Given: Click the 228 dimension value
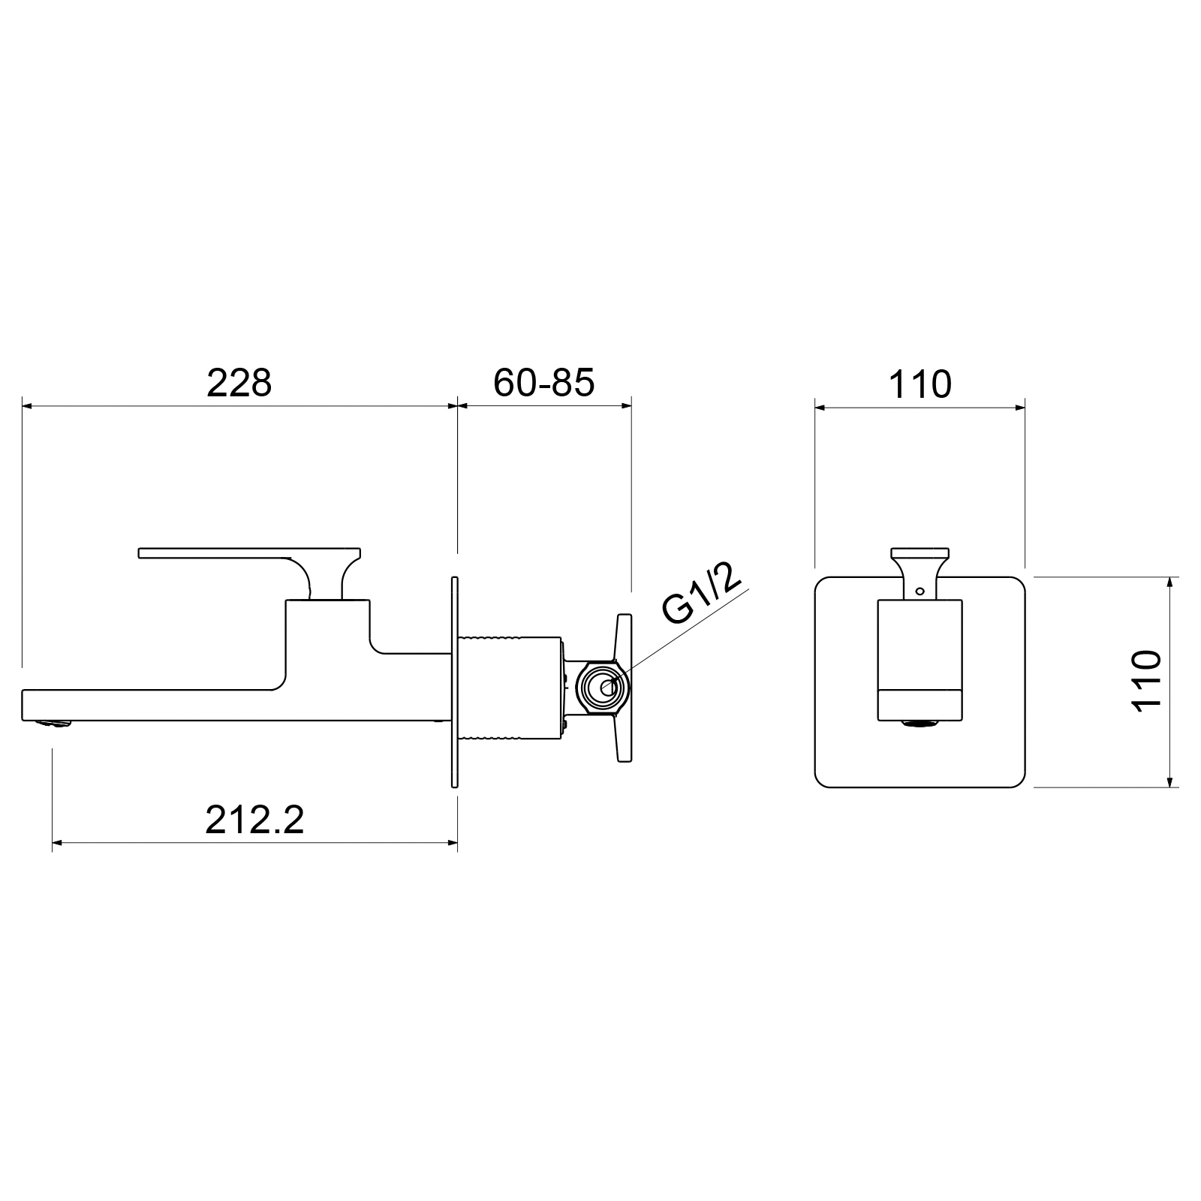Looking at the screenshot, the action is click(239, 383).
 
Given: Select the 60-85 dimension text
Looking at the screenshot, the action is click(544, 383).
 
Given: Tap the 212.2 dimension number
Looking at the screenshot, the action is click(255, 820).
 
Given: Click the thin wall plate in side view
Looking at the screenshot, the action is click(454, 682).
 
